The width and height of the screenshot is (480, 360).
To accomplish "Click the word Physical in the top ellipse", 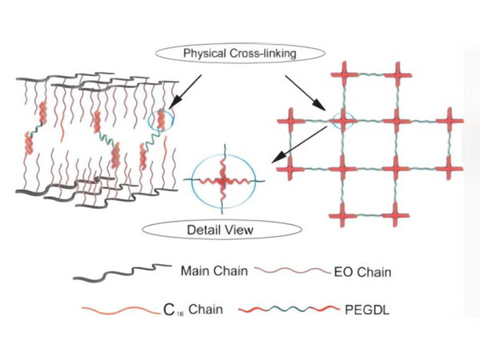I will [x=206, y=54].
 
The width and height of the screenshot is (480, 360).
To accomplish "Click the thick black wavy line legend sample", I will [x=124, y=273].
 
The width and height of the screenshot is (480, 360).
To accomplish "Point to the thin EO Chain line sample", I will [x=289, y=272].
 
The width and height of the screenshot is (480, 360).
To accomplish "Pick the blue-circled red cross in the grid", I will [x=342, y=121].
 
